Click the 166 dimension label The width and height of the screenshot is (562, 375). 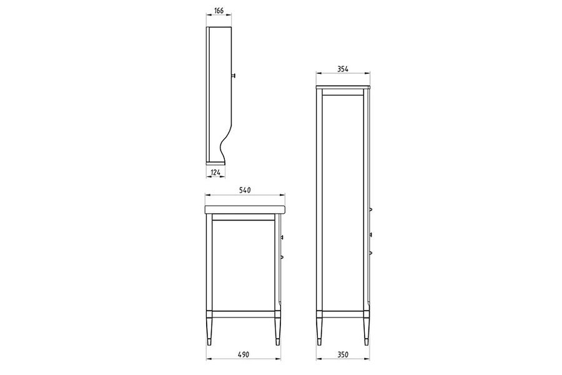(x=219, y=11)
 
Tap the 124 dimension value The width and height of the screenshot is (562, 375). (x=215, y=172)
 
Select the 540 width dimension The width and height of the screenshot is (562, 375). (x=244, y=190)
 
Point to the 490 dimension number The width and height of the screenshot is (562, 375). (x=243, y=354)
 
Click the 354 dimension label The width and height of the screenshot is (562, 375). (x=343, y=69)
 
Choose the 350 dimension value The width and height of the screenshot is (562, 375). (x=343, y=354)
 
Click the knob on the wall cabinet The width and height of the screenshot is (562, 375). (x=234, y=76)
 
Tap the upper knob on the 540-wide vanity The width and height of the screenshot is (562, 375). (x=282, y=237)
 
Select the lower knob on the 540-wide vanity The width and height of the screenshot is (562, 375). (x=282, y=257)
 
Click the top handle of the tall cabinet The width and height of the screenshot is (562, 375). (x=371, y=209)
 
